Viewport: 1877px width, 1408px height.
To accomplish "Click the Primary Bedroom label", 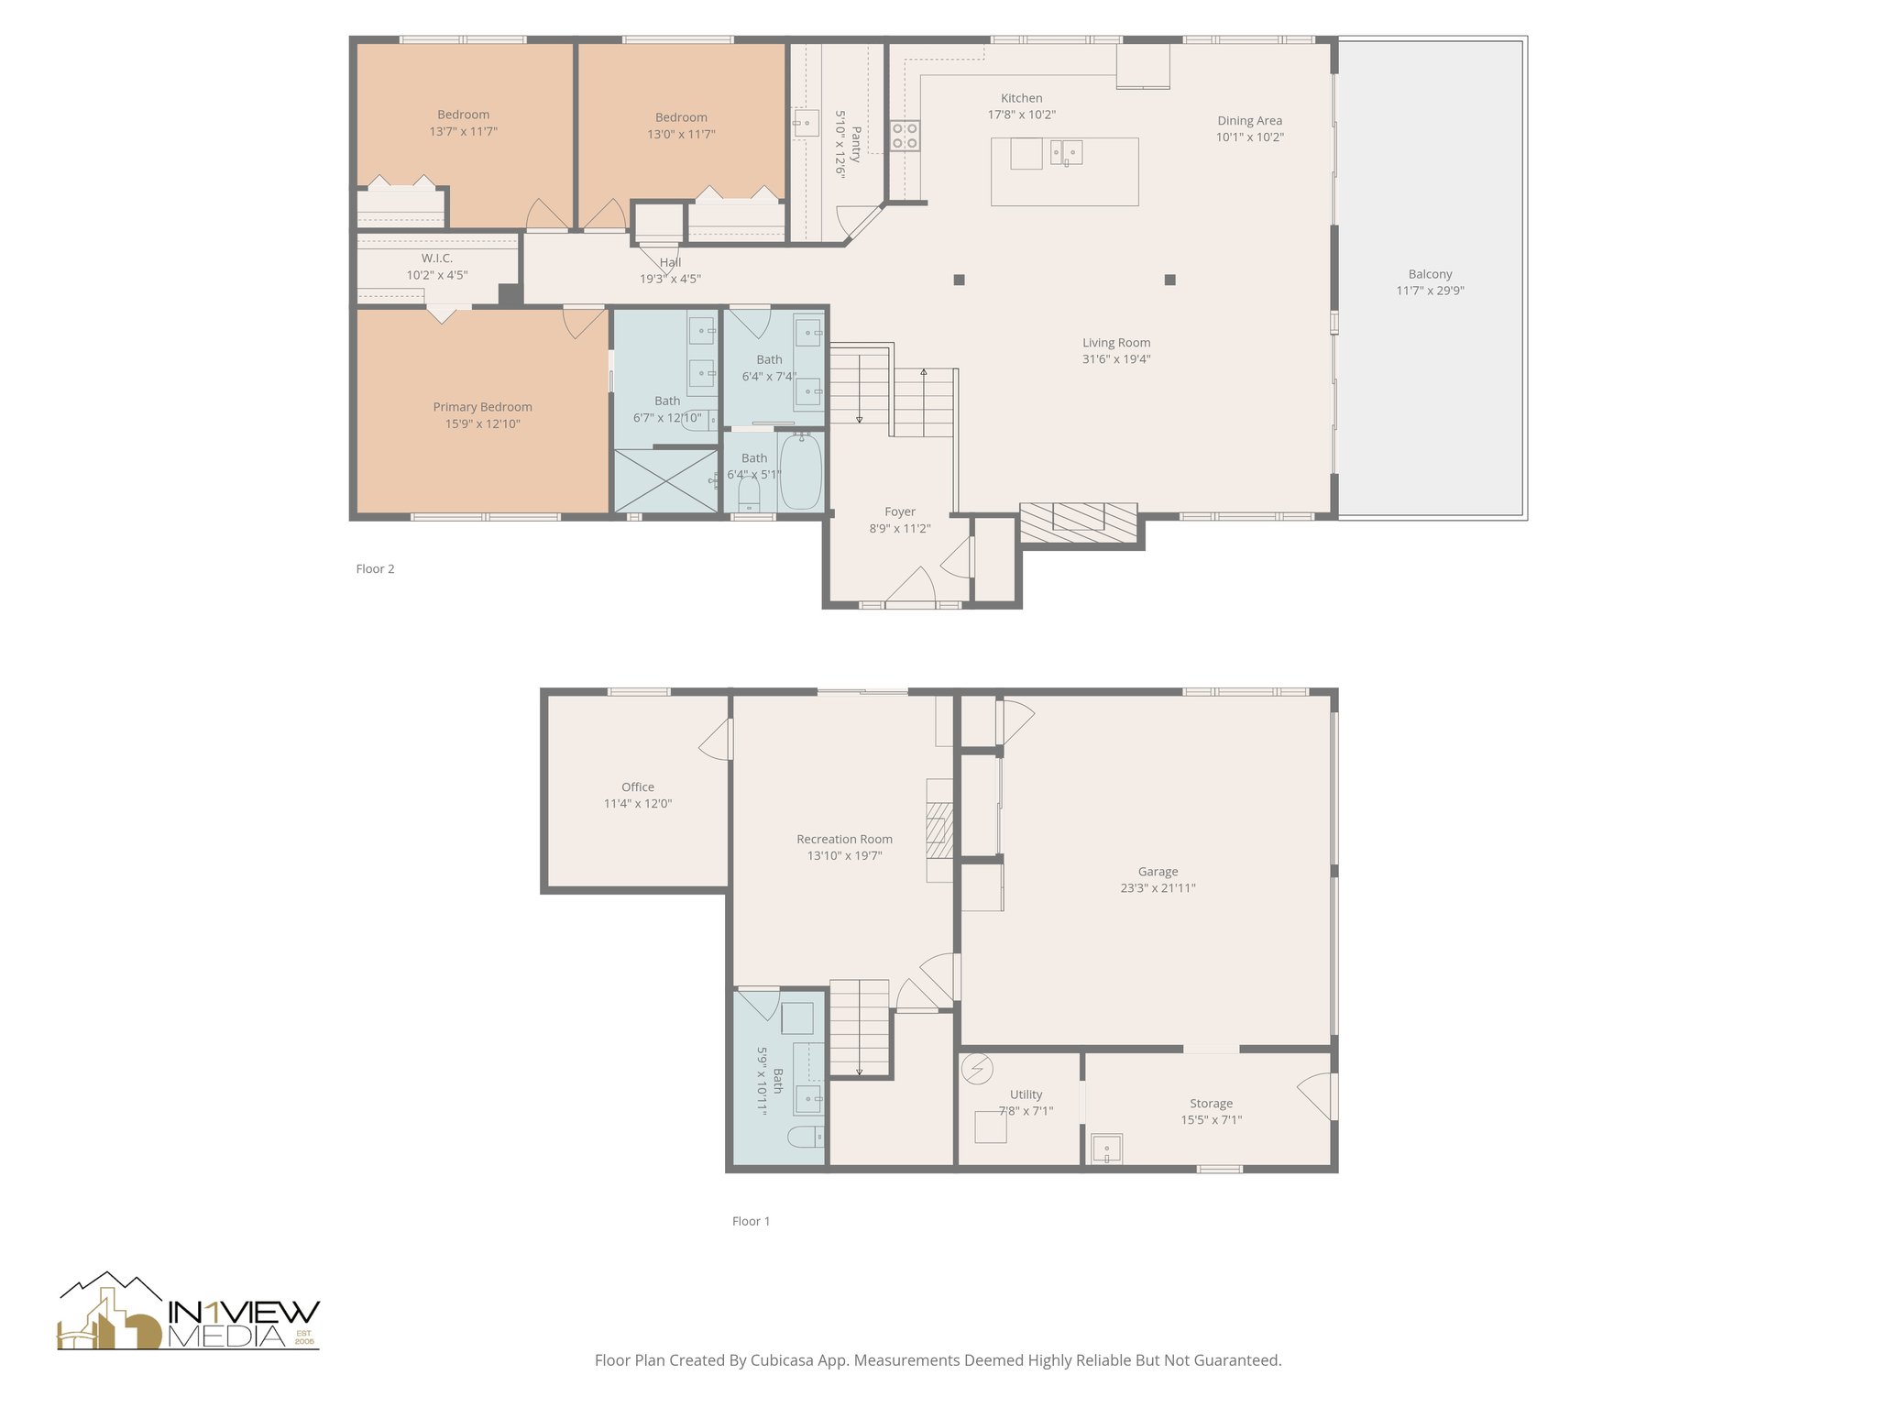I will click(x=482, y=407).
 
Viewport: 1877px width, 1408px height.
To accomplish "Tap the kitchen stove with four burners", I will click(x=906, y=136).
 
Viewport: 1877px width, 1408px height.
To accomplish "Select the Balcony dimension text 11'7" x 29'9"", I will click(x=1430, y=291).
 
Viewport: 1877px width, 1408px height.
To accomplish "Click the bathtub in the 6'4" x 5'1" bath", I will click(x=800, y=471).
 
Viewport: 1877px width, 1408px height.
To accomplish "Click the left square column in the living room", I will click(x=959, y=280).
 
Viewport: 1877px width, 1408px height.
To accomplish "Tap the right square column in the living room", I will click(x=1169, y=280).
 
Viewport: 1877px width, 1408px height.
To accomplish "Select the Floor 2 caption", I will click(x=375, y=568).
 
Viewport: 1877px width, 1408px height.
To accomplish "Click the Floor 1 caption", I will click(x=751, y=1221).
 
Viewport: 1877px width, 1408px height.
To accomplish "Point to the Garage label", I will click(x=1158, y=872).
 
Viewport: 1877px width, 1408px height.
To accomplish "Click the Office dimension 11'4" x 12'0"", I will click(x=637, y=804).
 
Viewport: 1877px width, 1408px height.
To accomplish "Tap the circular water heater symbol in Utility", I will click(x=978, y=1068).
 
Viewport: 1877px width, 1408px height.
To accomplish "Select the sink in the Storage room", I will click(x=1106, y=1149).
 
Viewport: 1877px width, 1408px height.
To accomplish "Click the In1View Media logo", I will click(x=189, y=1313).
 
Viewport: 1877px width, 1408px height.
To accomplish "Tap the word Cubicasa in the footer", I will click(x=785, y=1360).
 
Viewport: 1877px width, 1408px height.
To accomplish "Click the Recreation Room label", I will click(x=844, y=839).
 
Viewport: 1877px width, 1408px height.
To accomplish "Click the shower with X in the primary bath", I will click(x=665, y=480).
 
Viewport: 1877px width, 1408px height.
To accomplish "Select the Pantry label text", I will click(x=856, y=144).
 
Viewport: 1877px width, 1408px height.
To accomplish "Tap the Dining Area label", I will click(x=1249, y=121).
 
